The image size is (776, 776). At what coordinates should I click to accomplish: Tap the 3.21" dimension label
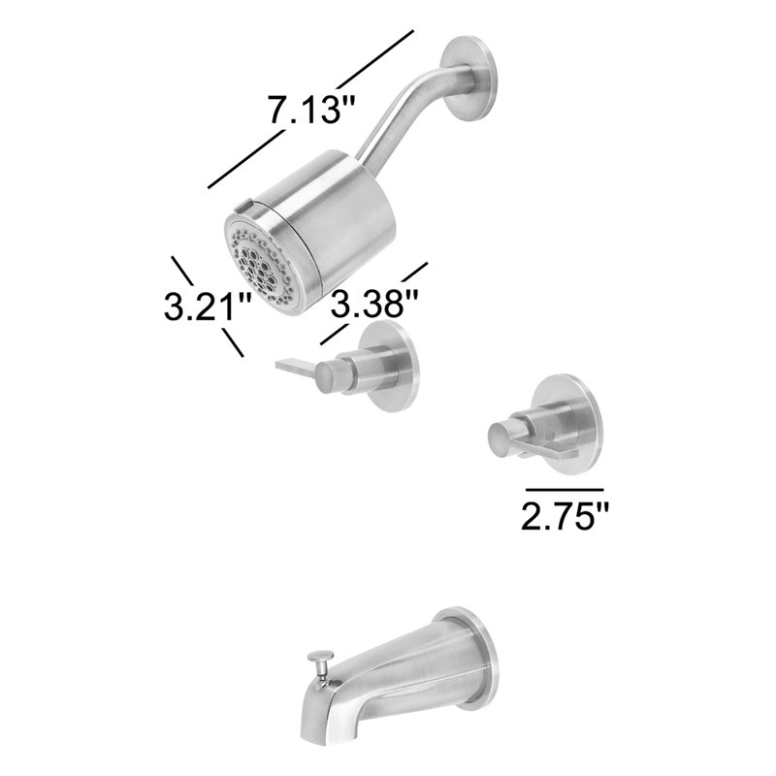209,306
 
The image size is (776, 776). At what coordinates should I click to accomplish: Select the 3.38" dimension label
374,304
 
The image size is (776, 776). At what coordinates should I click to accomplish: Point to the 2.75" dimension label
565,516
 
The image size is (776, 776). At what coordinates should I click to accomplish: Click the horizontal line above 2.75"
566,490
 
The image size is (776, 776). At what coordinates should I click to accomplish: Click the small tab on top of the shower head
244,205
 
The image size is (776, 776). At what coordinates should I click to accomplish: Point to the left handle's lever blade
296,367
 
